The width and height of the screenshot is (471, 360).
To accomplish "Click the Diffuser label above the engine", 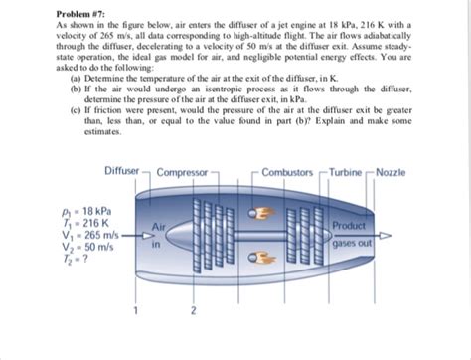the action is coord(122,172).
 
